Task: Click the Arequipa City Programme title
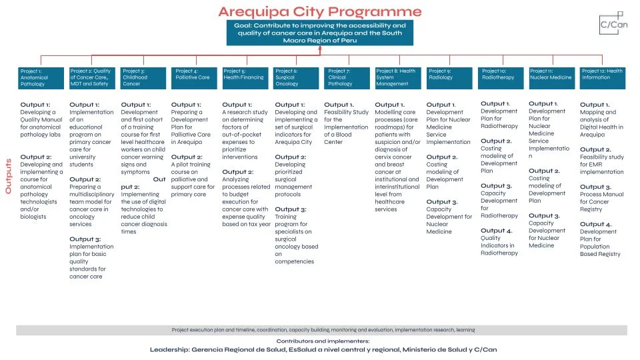pos(320,12)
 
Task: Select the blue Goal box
pos(320,33)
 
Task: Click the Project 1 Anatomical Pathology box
pos(41,77)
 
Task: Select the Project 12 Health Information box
pos(603,77)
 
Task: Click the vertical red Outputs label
pos(9,176)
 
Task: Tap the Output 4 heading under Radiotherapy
pos(496,231)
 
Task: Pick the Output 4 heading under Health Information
pos(595,224)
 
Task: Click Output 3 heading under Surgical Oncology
pos(291,209)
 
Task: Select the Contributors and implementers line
pos(323,341)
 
